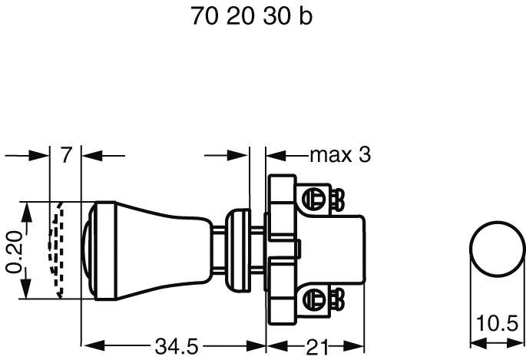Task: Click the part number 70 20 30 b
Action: click(251, 16)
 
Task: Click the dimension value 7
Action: click(66, 155)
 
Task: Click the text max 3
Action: click(340, 155)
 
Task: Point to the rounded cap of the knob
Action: click(88, 250)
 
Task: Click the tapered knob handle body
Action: click(154, 249)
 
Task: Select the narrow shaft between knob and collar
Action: click(220, 249)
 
